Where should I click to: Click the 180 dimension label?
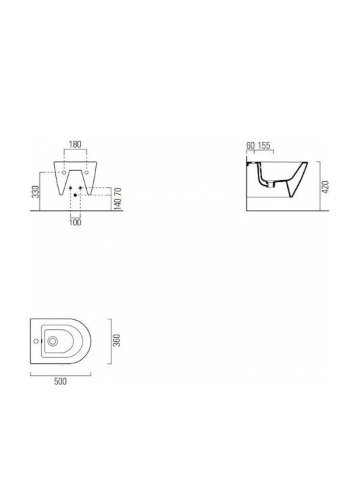(75, 144)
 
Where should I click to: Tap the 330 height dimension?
(36, 191)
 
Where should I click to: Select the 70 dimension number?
(118, 192)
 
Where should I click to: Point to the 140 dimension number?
(118, 203)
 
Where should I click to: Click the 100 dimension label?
(75, 222)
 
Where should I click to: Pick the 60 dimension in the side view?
(251, 145)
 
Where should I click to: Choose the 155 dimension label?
(264, 145)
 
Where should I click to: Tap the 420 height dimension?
(325, 187)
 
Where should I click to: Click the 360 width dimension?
(117, 341)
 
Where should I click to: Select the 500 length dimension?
(60, 381)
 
